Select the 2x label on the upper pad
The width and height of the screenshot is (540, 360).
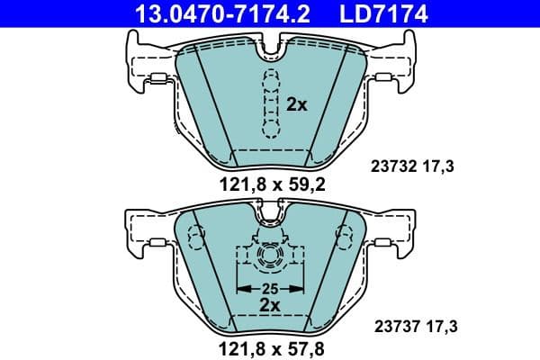(x=296, y=104)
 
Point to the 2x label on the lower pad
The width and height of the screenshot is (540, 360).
(x=271, y=306)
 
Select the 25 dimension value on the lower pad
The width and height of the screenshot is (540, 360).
(x=271, y=289)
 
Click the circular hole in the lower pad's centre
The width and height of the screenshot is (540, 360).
(x=270, y=259)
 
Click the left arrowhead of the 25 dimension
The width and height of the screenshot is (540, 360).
(x=240, y=289)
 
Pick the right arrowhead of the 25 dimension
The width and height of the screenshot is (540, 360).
(x=301, y=289)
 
